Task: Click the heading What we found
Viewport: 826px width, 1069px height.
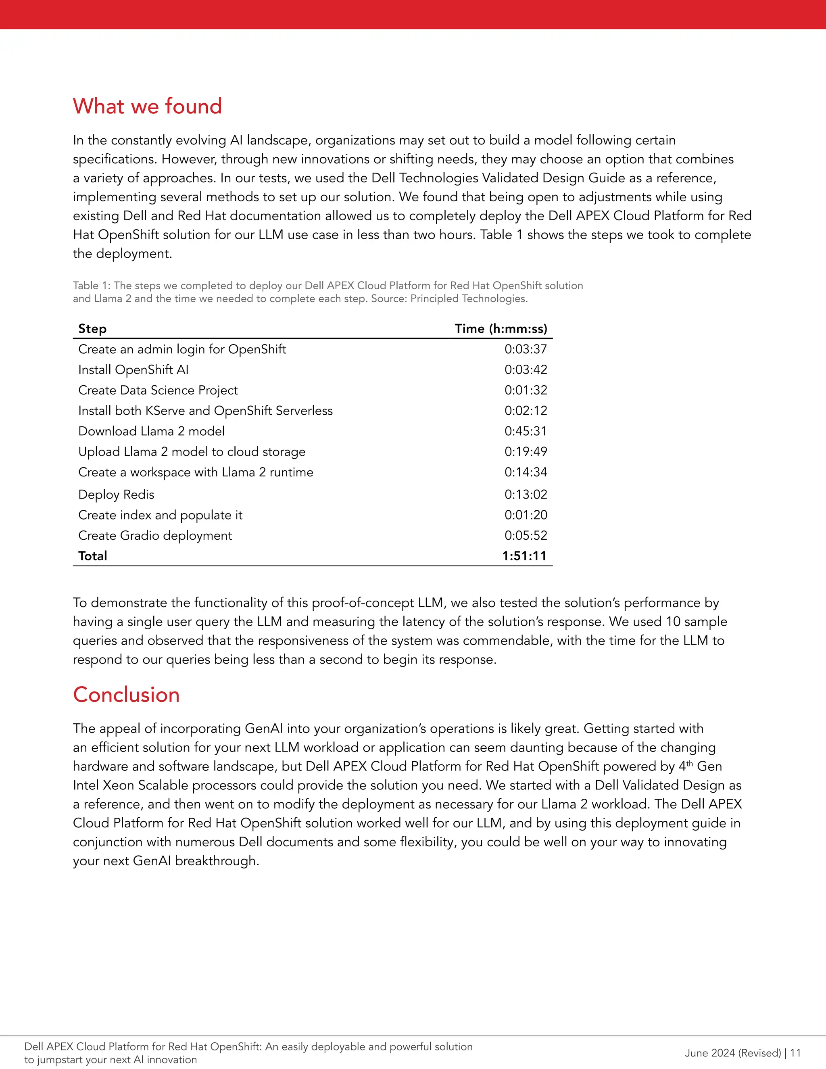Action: (x=147, y=106)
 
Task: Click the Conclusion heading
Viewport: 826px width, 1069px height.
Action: (x=126, y=695)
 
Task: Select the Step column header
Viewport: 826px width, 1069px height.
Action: (x=92, y=328)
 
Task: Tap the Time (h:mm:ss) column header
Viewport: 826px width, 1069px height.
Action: (x=501, y=328)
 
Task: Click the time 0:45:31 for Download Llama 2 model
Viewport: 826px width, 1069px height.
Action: (x=526, y=431)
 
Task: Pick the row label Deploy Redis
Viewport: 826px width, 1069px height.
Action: (x=116, y=495)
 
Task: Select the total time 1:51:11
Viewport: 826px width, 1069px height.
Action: (x=524, y=555)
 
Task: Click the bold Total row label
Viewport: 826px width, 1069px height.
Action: (x=92, y=555)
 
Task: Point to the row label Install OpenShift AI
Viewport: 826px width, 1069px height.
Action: (x=133, y=370)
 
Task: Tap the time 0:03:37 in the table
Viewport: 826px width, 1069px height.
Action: (x=526, y=349)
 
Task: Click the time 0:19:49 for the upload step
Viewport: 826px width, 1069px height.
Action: (x=526, y=451)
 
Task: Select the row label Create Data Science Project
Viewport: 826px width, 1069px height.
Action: (x=158, y=390)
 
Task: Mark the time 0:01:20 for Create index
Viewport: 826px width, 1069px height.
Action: (x=526, y=515)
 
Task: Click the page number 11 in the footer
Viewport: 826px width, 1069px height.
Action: (x=795, y=1053)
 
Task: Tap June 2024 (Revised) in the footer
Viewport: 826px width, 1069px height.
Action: (x=732, y=1053)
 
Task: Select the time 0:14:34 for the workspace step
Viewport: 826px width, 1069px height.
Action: (x=526, y=472)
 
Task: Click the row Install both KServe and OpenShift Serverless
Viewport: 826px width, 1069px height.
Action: (x=205, y=411)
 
